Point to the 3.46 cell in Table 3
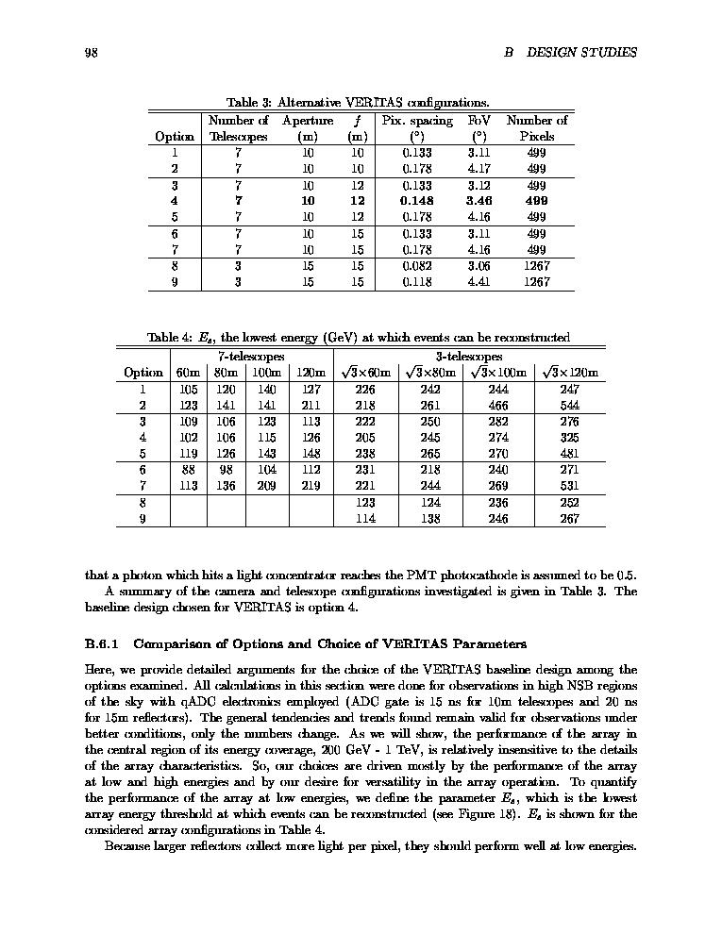click(x=480, y=201)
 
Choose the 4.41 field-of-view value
click(x=480, y=281)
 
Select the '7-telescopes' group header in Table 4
click(x=251, y=357)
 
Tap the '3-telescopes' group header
click(x=469, y=357)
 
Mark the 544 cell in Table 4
click(x=569, y=405)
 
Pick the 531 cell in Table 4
click(x=569, y=486)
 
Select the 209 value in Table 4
click(x=267, y=486)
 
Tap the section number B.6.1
click(x=100, y=645)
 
